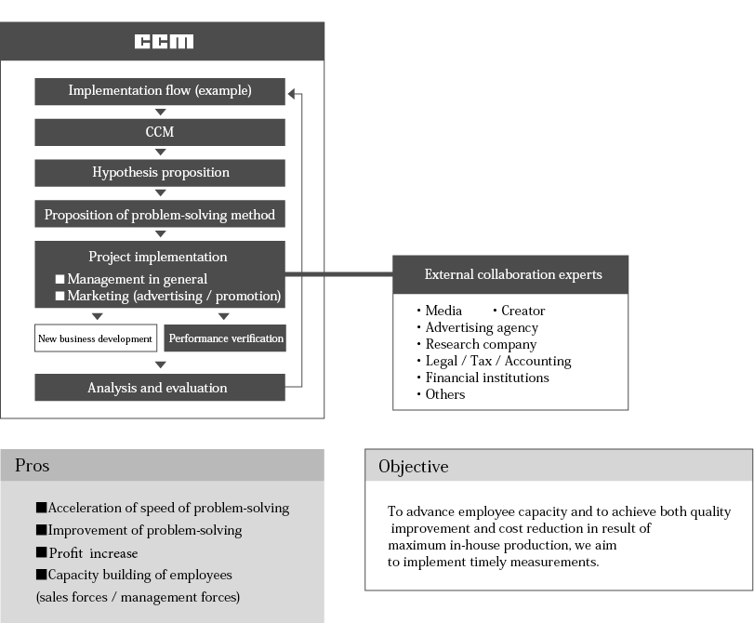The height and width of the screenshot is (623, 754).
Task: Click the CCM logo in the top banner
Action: (x=164, y=42)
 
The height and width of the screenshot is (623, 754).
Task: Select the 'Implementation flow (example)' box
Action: (x=160, y=91)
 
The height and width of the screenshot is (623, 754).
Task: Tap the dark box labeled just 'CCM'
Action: (x=160, y=132)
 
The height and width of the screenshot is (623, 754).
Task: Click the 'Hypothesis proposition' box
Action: (x=160, y=172)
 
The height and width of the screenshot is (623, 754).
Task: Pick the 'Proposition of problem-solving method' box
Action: (x=160, y=215)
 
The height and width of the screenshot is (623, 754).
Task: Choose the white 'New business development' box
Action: (x=95, y=338)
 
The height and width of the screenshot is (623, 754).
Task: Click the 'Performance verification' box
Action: (x=226, y=338)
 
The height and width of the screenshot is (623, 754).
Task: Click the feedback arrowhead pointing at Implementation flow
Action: (x=293, y=93)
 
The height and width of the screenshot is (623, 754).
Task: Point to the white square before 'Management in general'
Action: (x=60, y=279)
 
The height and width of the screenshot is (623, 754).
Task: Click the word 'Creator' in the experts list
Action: (x=523, y=311)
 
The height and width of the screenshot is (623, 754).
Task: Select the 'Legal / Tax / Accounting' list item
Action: (x=497, y=361)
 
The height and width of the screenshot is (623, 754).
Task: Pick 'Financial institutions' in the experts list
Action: (x=486, y=378)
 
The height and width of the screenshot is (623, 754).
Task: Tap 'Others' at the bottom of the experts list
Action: (x=444, y=394)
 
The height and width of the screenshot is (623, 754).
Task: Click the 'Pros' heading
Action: (x=33, y=466)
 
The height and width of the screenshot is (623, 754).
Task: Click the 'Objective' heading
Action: (x=413, y=467)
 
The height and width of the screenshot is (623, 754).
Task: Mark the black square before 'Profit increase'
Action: (x=41, y=553)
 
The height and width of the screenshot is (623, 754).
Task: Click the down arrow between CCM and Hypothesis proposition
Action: (x=160, y=152)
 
